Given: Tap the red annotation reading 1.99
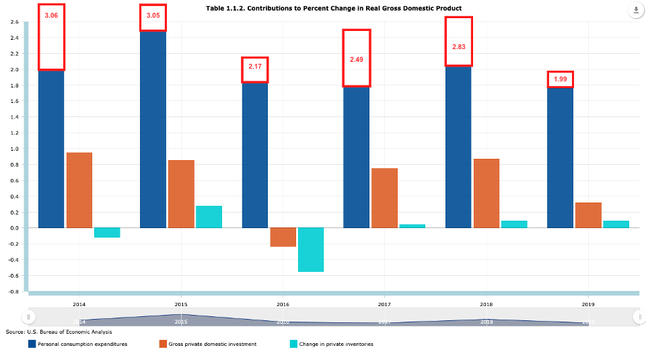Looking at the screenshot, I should coord(560,79).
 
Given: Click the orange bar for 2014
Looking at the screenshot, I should coord(79,190).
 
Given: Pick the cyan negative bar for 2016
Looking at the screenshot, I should coord(311,250).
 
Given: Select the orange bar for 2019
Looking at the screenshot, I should coord(588,215).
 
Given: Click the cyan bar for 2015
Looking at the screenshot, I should coord(209,217).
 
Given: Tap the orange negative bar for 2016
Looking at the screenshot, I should coord(283,237).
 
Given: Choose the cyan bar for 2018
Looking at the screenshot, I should coord(514,224).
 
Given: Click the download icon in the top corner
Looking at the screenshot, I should coord(635,11).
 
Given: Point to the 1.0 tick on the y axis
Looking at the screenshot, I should coord(14,149).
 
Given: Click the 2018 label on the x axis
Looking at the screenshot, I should coord(487,304).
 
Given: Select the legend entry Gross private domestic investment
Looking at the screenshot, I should coord(212,344).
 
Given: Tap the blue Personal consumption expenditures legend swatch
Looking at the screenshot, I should coord(32,344).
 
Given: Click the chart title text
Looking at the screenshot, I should coord(334,8).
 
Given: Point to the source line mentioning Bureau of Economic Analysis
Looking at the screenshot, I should coord(59,332).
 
